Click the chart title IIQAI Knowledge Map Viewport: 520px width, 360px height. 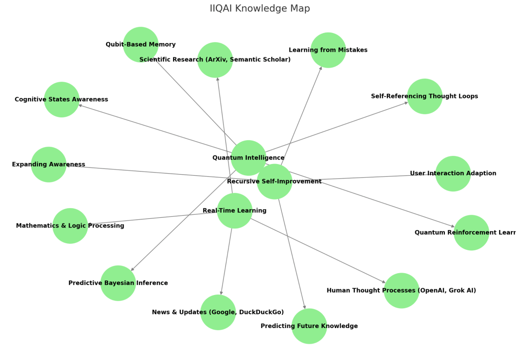click(x=259, y=9)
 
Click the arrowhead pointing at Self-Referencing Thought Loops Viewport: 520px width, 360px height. click(x=406, y=103)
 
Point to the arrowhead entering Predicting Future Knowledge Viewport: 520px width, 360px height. click(x=305, y=307)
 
